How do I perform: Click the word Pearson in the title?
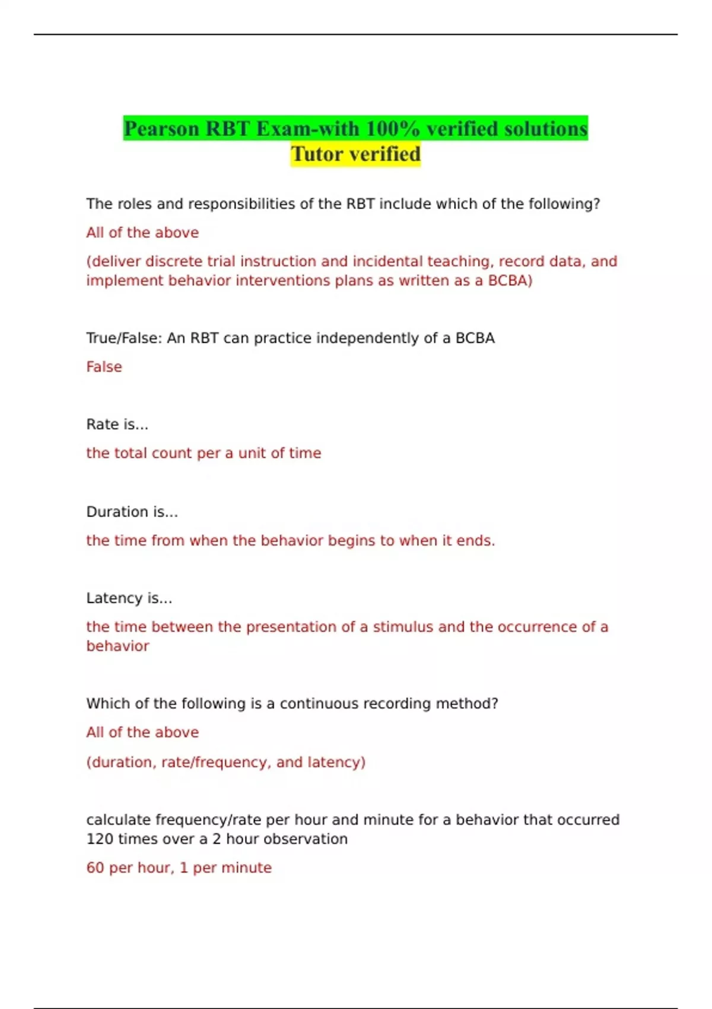(161, 129)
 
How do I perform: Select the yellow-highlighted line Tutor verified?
(355, 154)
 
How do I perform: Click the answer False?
(104, 367)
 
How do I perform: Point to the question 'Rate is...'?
(117, 424)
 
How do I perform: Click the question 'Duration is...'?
(132, 512)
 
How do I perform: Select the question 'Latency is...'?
(129, 598)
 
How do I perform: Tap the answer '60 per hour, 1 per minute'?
(179, 868)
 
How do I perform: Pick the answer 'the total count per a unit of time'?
(204, 453)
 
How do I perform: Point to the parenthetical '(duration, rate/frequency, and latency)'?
(225, 762)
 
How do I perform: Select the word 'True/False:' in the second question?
(124, 338)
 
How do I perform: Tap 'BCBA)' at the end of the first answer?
(510, 281)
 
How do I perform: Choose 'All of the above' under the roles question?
(142, 233)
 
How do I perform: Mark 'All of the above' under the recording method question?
(142, 732)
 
